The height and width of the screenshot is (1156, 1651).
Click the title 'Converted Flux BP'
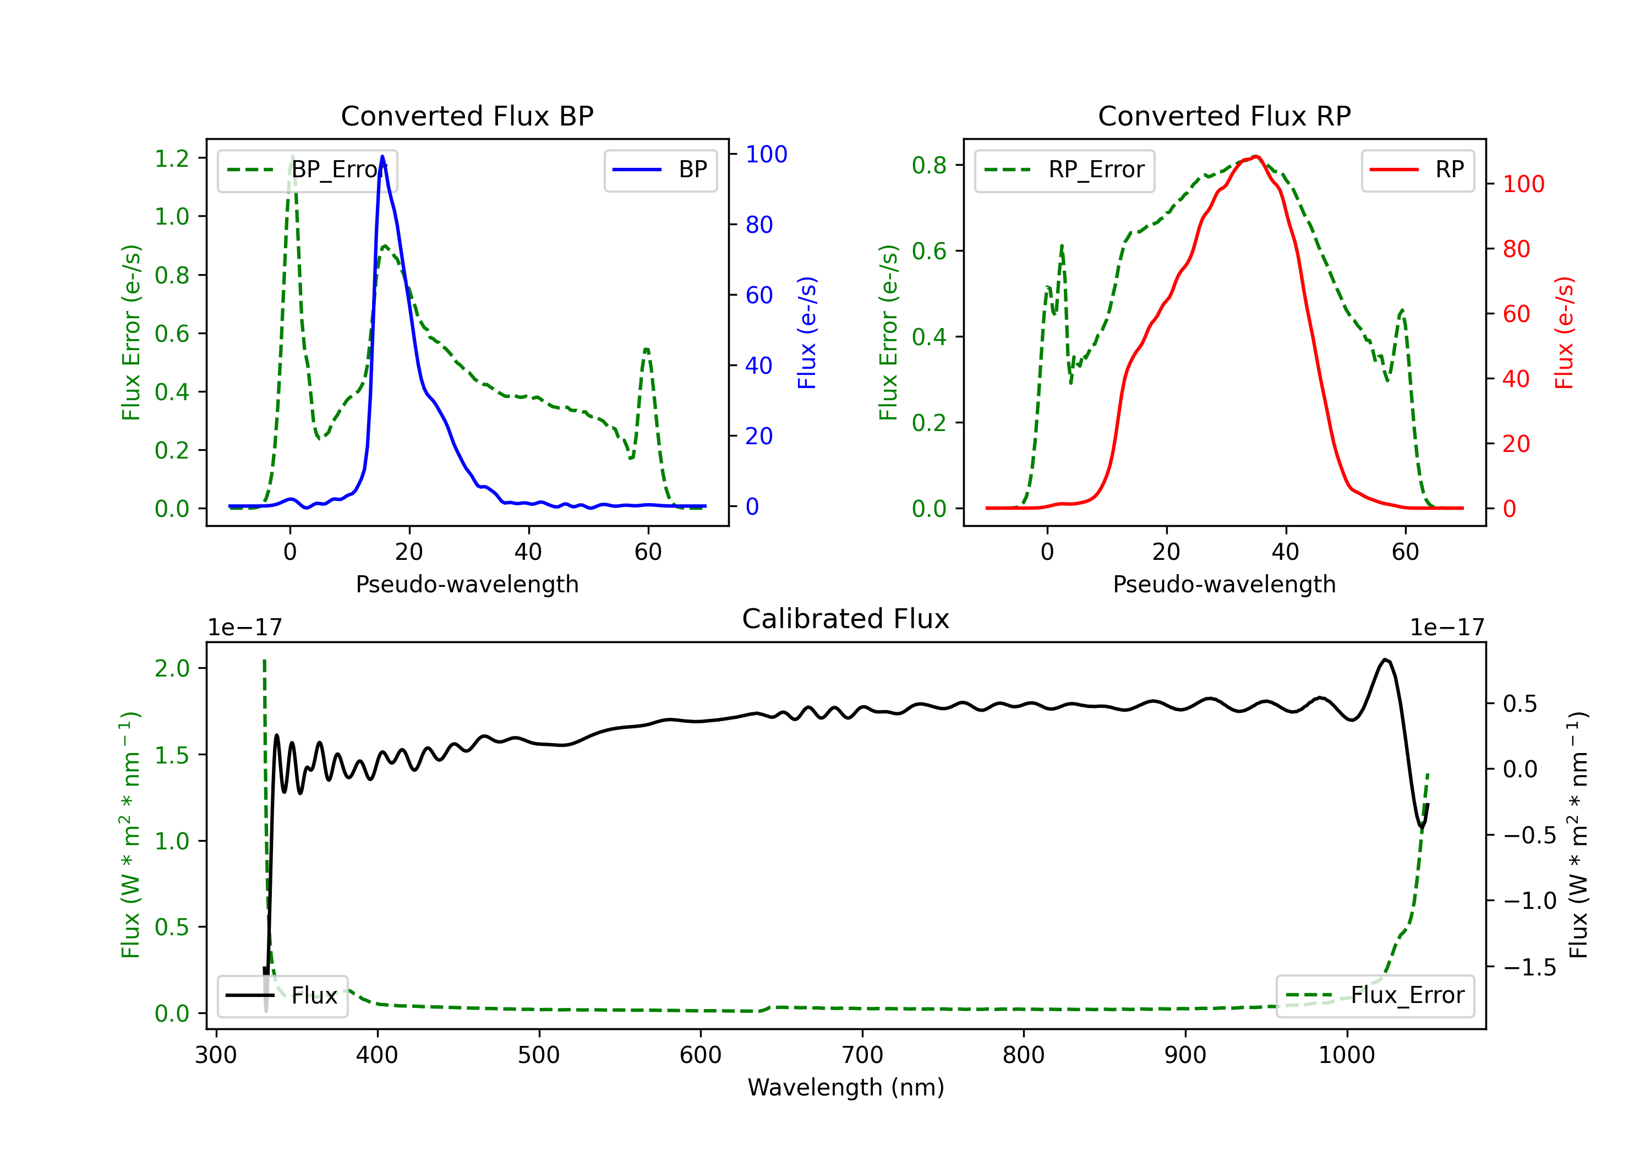tap(467, 116)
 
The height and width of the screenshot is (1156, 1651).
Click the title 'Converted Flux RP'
tap(1224, 116)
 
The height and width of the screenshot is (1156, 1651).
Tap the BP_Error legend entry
tap(307, 170)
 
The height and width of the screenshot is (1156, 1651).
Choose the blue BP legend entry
tap(660, 170)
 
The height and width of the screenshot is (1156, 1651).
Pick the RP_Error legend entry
tap(1064, 170)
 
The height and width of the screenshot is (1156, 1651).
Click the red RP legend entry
tap(1417, 170)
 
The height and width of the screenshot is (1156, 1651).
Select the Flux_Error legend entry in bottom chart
tap(1374, 996)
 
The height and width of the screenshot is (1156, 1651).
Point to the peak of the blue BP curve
tap(382, 156)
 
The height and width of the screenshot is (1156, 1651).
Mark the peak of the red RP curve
tap(1255, 157)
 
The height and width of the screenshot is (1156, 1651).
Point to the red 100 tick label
tap(1523, 184)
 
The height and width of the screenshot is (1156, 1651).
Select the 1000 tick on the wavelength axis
tap(1346, 1055)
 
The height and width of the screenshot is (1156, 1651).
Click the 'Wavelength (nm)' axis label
tap(846, 1087)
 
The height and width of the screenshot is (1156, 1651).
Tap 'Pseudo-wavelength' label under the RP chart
tap(1224, 584)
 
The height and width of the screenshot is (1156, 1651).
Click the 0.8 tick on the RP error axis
tap(929, 166)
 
